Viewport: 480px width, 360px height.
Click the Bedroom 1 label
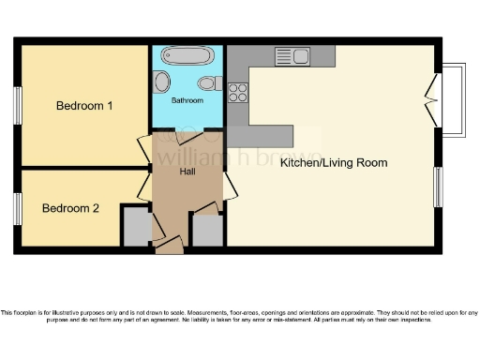84,106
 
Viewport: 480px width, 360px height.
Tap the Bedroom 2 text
70,208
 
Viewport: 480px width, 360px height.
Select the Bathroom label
187,99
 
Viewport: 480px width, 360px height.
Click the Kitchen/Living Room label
334,162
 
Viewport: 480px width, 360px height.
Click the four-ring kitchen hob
237,92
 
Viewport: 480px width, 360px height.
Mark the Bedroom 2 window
17,208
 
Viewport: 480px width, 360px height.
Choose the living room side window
438,187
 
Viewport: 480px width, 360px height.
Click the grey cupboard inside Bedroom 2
136,227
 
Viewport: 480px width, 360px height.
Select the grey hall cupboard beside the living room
207,229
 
